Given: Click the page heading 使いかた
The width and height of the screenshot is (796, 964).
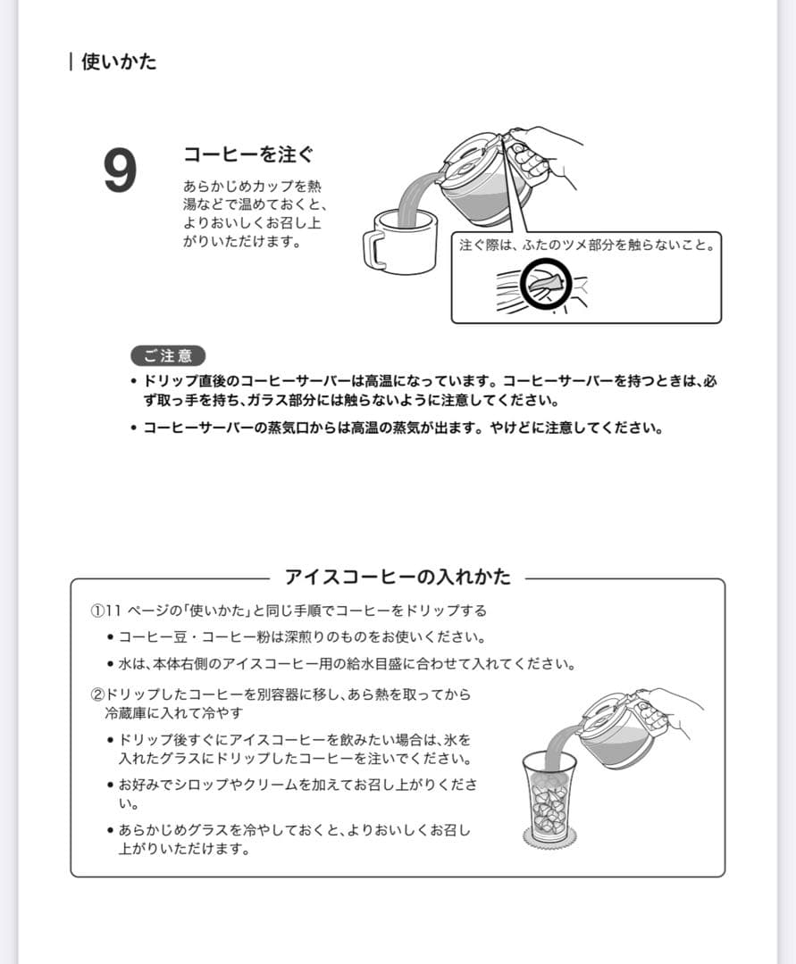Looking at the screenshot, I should click(x=119, y=62).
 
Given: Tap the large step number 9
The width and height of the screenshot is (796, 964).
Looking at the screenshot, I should click(x=121, y=170).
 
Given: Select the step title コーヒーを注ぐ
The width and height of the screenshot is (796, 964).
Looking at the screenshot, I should click(x=248, y=154).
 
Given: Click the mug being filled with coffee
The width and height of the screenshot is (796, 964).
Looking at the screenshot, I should click(x=400, y=239).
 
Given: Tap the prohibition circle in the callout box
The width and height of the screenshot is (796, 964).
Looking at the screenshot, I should click(x=545, y=283).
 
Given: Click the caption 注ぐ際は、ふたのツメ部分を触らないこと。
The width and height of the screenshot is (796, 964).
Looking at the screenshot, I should click(x=587, y=245).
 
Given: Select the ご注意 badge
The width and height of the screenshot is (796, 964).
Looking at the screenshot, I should click(x=167, y=355).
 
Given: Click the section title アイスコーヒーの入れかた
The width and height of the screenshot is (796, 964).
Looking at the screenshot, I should click(x=398, y=577).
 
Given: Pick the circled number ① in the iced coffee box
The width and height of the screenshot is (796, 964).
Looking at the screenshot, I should click(x=97, y=611).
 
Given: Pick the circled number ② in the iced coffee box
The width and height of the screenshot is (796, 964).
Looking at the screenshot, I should click(x=97, y=694).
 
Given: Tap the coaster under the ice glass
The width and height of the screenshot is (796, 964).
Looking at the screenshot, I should click(x=549, y=838).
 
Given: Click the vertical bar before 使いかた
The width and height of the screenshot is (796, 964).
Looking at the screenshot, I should click(x=71, y=62).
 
